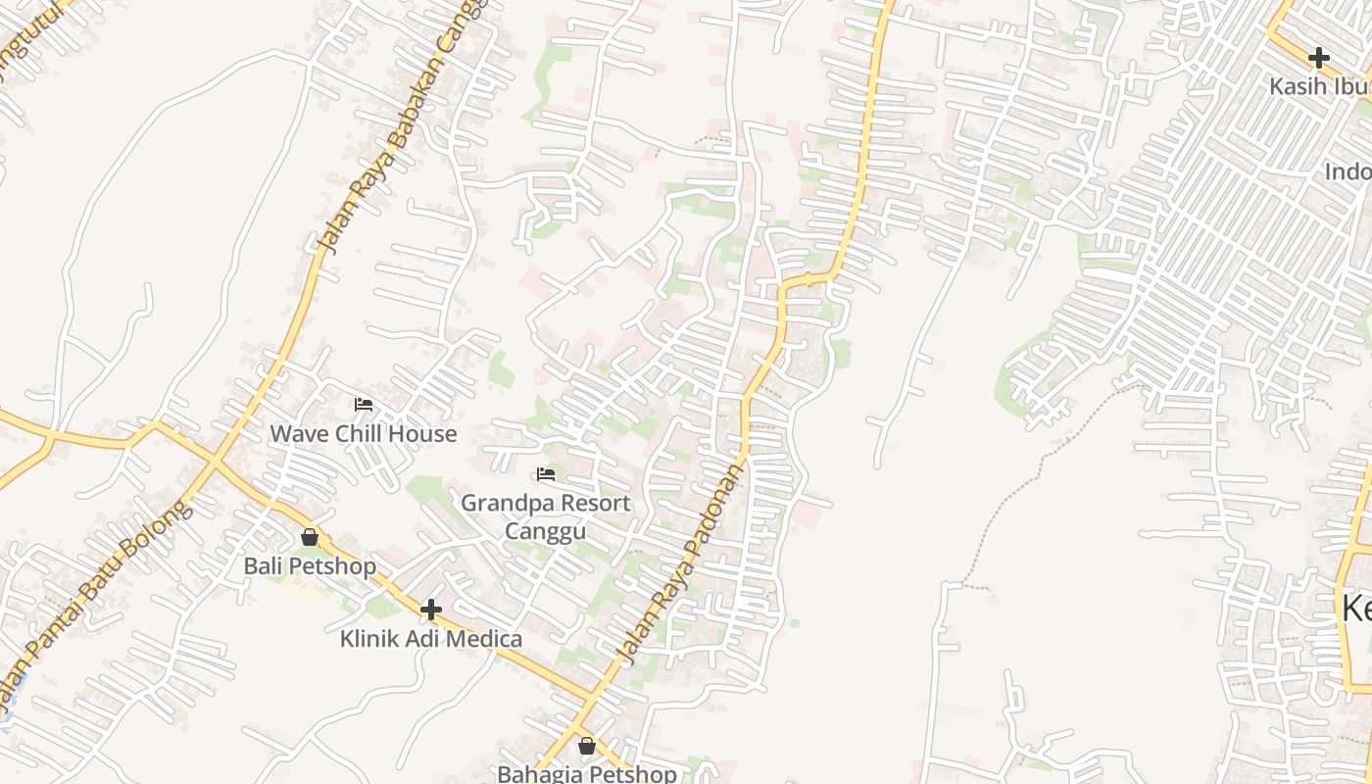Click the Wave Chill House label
pos(363,433)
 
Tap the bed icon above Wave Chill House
pos(364,404)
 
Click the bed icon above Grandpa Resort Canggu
pos(546,474)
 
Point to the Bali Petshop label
pos(310,566)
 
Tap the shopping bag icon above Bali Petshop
pos(310,537)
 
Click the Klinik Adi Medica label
pos(430,639)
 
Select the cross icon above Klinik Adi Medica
pos(430,610)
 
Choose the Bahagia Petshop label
pos(586,773)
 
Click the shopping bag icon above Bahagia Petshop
pos(586,746)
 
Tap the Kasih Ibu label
pos(1319,86)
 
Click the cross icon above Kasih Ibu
pos(1319,57)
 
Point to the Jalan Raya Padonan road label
pos(679,563)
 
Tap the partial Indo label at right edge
pos(1347,172)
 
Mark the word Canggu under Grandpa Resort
pos(546,532)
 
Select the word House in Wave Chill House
pos(423,433)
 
